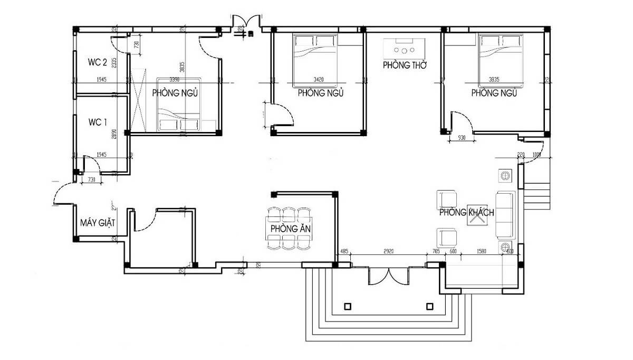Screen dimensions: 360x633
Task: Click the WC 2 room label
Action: coord(98,62)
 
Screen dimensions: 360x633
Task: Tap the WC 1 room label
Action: coord(98,122)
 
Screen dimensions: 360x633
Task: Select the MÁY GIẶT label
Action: coord(98,223)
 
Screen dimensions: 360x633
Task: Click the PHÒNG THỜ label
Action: coord(405,65)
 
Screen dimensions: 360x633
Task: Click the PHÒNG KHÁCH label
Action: coord(467,213)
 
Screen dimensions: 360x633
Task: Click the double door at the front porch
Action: coord(389,276)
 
